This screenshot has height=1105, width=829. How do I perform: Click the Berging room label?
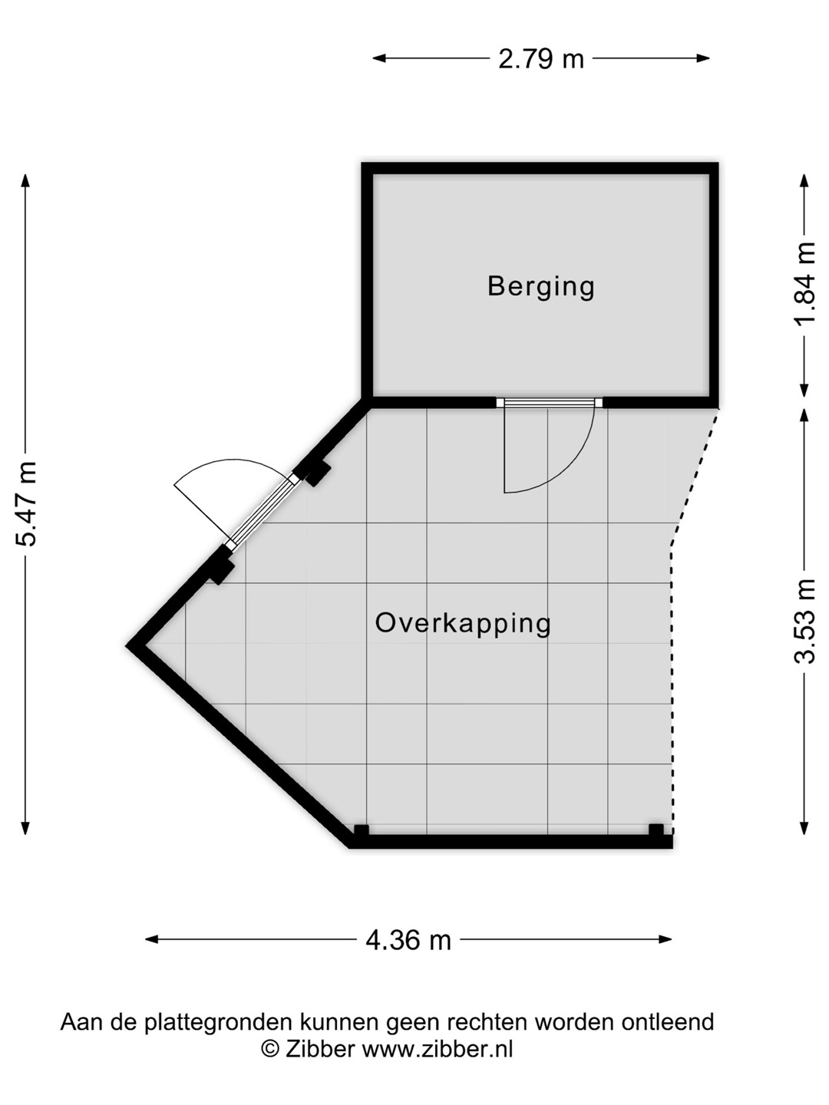coord(541,286)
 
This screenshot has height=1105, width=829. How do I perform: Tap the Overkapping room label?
coord(463,623)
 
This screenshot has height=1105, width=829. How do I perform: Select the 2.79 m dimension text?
coord(541,59)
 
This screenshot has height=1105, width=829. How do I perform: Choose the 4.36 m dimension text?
coord(408,940)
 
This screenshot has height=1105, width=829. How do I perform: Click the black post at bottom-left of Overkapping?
coord(362,830)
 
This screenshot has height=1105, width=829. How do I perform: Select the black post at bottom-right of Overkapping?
coord(656,830)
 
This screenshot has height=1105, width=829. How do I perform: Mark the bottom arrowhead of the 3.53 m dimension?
coord(804,828)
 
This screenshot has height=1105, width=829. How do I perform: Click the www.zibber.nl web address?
coord(438,1050)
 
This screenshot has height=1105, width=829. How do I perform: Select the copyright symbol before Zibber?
coord(270,1050)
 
